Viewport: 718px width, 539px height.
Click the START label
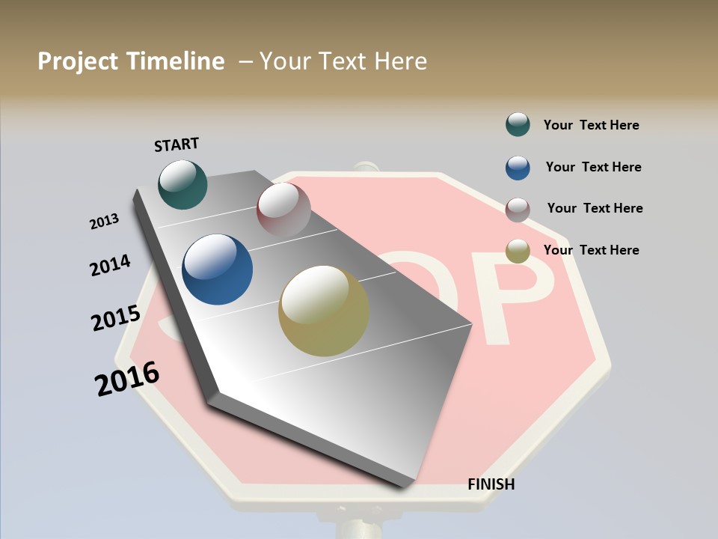(177, 144)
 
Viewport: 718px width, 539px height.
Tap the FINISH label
(491, 484)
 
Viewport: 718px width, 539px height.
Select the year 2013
(104, 222)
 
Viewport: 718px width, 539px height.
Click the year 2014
(110, 266)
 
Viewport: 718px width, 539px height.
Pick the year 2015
(115, 318)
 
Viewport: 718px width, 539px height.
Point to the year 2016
(127, 379)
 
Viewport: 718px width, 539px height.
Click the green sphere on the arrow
(182, 184)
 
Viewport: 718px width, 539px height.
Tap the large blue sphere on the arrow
(218, 269)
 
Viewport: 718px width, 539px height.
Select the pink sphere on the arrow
(283, 210)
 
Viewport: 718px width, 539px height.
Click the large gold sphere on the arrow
(324, 311)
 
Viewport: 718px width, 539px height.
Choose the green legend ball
(518, 124)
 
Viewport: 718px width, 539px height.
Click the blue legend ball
(518, 168)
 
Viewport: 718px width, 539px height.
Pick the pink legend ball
(518, 210)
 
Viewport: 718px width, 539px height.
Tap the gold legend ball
(518, 251)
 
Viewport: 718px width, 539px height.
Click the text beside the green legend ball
(591, 125)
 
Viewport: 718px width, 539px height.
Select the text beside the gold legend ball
(591, 250)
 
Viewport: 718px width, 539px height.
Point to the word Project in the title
(79, 61)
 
